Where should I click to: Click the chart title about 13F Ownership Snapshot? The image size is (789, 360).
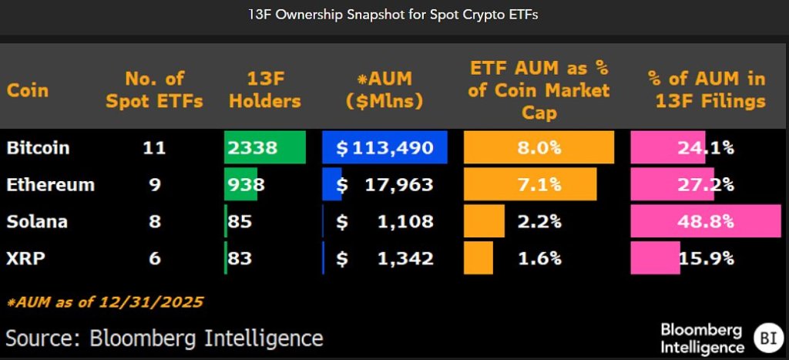pos(394,15)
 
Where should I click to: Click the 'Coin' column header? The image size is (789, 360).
pos(28,90)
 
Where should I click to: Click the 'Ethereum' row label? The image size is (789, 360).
pos(50,184)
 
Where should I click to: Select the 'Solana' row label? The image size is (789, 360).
pos(37,221)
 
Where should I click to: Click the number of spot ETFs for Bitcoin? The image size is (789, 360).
pos(155,147)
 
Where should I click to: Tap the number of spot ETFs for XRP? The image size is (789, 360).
pos(155,258)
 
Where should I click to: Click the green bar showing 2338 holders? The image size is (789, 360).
pos(264,147)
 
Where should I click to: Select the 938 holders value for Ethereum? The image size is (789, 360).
pos(247,184)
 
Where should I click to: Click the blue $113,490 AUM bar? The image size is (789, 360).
pos(384,147)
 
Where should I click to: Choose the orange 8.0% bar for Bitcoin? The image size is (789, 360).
pos(539,147)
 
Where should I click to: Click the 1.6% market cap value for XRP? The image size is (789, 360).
pos(539,258)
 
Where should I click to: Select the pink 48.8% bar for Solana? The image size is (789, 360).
pos(705,221)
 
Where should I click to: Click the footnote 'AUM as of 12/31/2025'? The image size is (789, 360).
pos(105,302)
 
